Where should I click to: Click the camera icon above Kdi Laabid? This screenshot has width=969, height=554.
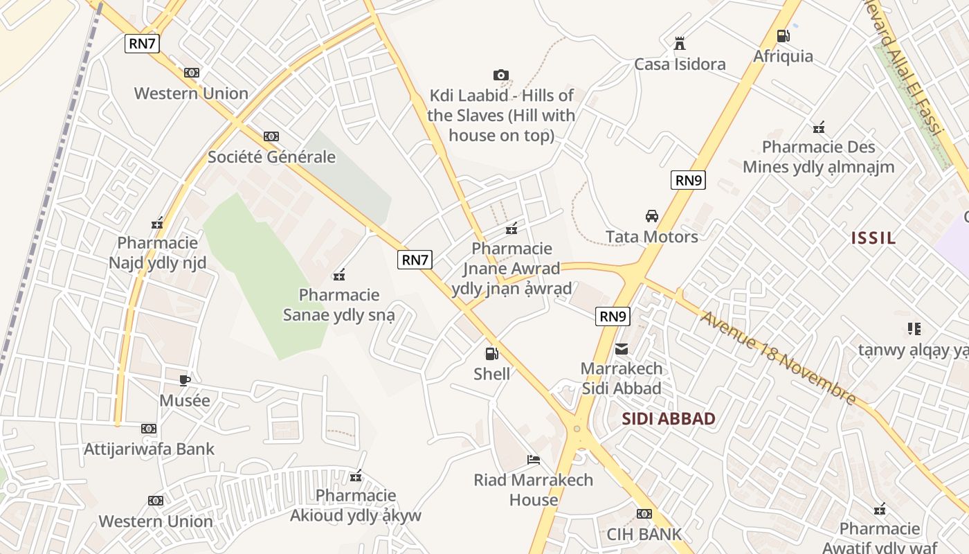pyautogui.click(x=501, y=75)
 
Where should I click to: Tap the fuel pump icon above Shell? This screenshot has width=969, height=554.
pyautogui.click(x=491, y=354)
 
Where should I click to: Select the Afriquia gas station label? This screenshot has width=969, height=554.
pyautogui.click(x=783, y=56)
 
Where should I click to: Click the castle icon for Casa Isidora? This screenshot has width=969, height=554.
pyautogui.click(x=680, y=44)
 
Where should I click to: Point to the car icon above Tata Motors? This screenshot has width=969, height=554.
pyautogui.click(x=651, y=216)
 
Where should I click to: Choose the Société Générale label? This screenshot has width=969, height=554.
pyautogui.click(x=272, y=157)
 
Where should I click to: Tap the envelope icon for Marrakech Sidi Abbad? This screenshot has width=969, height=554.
pyautogui.click(x=622, y=348)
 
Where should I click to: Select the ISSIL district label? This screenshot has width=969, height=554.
pyautogui.click(x=873, y=238)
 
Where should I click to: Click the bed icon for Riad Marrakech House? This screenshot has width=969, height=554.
pyautogui.click(x=533, y=459)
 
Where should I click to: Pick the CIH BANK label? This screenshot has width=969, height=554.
pyautogui.click(x=644, y=534)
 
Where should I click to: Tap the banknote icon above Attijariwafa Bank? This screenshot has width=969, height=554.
pyautogui.click(x=149, y=429)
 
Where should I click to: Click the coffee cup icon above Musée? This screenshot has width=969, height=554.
pyautogui.click(x=184, y=380)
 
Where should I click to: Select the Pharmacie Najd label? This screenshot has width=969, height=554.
pyautogui.click(x=158, y=253)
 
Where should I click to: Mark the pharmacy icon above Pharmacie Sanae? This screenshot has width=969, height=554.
pyautogui.click(x=339, y=275)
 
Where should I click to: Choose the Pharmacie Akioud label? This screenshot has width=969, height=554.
pyautogui.click(x=356, y=506)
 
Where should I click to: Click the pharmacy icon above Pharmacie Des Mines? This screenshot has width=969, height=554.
pyautogui.click(x=819, y=127)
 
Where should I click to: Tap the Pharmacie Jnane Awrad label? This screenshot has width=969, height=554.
pyautogui.click(x=511, y=268)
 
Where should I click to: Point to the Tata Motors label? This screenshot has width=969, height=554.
pyautogui.click(x=651, y=237)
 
